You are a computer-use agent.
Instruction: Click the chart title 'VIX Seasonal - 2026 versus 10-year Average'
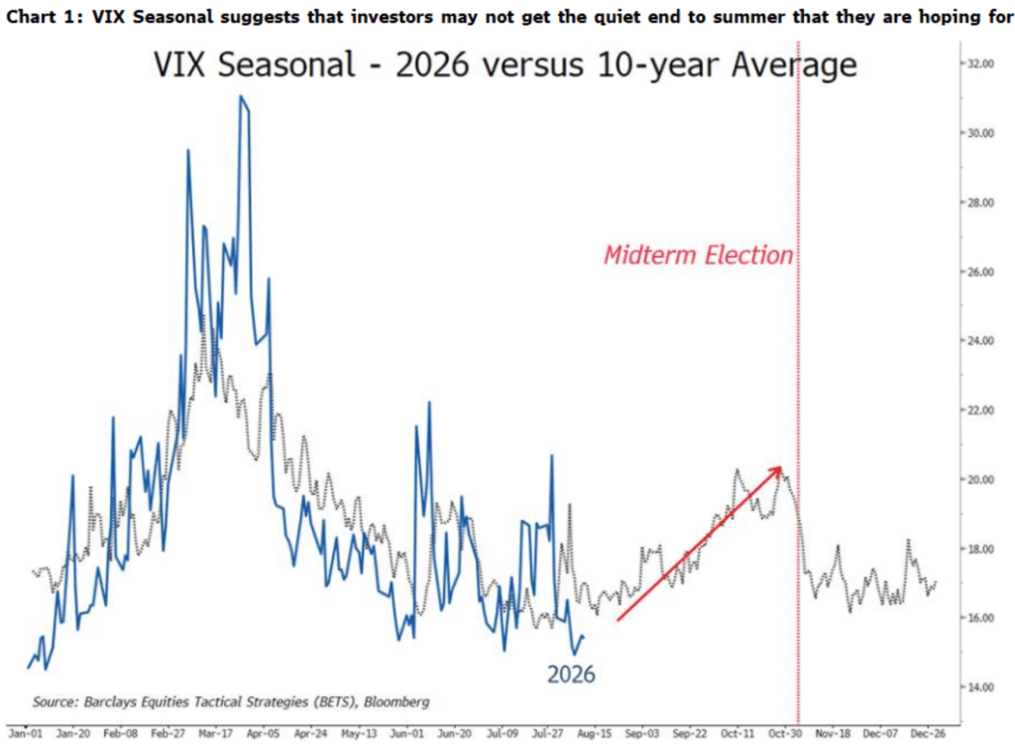[x=505, y=64]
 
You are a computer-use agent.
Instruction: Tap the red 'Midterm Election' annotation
[x=699, y=255]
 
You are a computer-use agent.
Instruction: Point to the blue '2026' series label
[x=571, y=675]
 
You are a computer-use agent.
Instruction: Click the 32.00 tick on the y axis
[x=980, y=63]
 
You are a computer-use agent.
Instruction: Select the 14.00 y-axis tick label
[x=980, y=686]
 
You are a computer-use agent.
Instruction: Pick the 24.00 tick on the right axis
[x=980, y=341]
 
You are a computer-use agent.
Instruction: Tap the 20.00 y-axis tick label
[x=980, y=479]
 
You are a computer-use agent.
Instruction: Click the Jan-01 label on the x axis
[x=26, y=733]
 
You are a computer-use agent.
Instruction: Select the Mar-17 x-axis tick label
[x=215, y=733]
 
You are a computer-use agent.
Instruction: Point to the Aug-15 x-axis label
[x=595, y=733]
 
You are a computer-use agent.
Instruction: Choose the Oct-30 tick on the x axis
[x=785, y=733]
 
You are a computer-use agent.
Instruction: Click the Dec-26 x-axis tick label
[x=928, y=733]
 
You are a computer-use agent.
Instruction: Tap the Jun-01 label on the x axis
[x=406, y=733]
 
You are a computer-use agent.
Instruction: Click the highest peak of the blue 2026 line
[x=241, y=96]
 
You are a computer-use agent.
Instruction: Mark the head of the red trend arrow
[x=781, y=468]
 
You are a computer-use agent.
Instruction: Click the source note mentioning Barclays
[x=231, y=701]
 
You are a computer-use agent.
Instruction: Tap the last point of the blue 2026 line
[x=584, y=638]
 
